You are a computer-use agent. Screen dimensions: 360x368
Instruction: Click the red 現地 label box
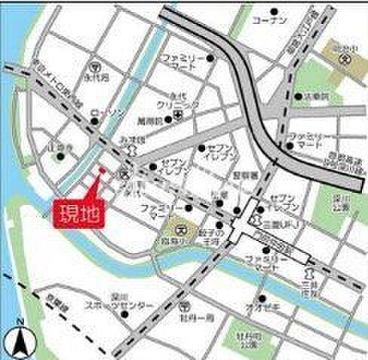coord(78,212)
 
